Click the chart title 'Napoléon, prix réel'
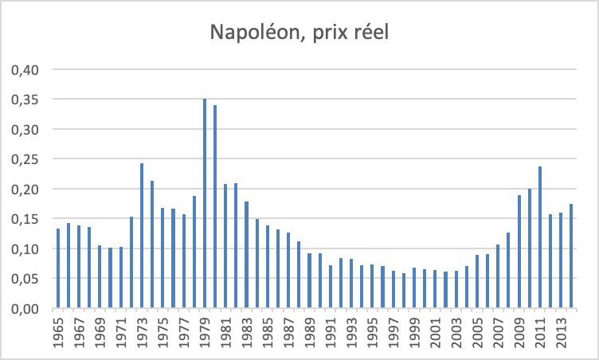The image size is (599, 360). click(x=299, y=33)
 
